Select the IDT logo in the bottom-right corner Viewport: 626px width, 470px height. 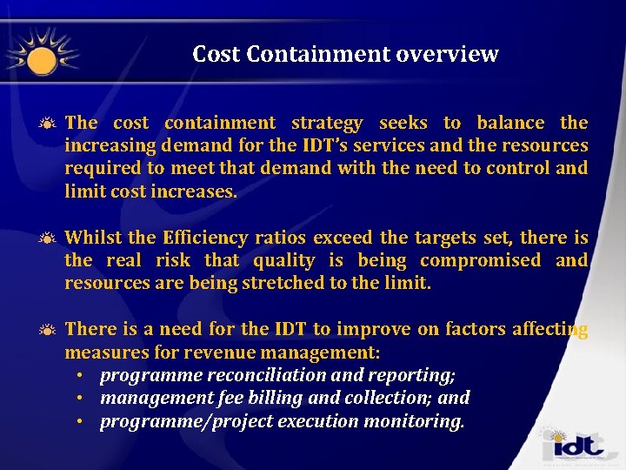(x=574, y=446)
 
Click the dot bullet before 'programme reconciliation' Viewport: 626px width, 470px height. (x=79, y=376)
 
